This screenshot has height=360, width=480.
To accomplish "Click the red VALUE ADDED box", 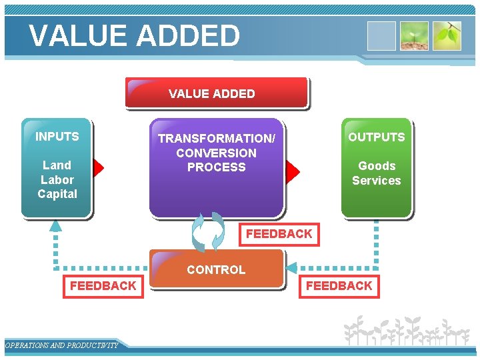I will (x=216, y=93).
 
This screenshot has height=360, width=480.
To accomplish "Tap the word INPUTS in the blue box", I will (x=57, y=137).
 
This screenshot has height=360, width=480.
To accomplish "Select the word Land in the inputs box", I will (x=57, y=165).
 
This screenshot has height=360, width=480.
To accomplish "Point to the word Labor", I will (x=57, y=180).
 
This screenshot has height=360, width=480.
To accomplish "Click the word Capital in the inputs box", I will (x=57, y=194).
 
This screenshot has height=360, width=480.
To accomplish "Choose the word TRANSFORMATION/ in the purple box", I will (x=216, y=139).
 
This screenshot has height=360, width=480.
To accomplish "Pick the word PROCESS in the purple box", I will (x=216, y=167).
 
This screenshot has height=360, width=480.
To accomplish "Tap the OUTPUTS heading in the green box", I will (x=376, y=137).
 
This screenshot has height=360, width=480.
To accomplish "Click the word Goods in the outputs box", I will (x=377, y=166).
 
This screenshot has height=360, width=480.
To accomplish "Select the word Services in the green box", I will (x=377, y=181).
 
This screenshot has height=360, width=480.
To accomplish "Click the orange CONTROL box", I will (x=216, y=269).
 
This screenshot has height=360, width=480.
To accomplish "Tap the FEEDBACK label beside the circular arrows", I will (x=279, y=234).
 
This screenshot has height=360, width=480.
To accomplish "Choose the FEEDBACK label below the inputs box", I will (x=103, y=286).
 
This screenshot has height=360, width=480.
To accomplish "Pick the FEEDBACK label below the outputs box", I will (x=339, y=286).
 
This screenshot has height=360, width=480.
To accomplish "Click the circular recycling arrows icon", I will (x=208, y=232).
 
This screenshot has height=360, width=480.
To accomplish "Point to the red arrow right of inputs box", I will (x=99, y=169).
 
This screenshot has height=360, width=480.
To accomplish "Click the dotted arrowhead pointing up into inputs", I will (x=56, y=225).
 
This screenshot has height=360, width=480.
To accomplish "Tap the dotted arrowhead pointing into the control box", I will (x=291, y=269).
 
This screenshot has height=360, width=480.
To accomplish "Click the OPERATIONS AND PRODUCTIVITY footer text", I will (x=61, y=345).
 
